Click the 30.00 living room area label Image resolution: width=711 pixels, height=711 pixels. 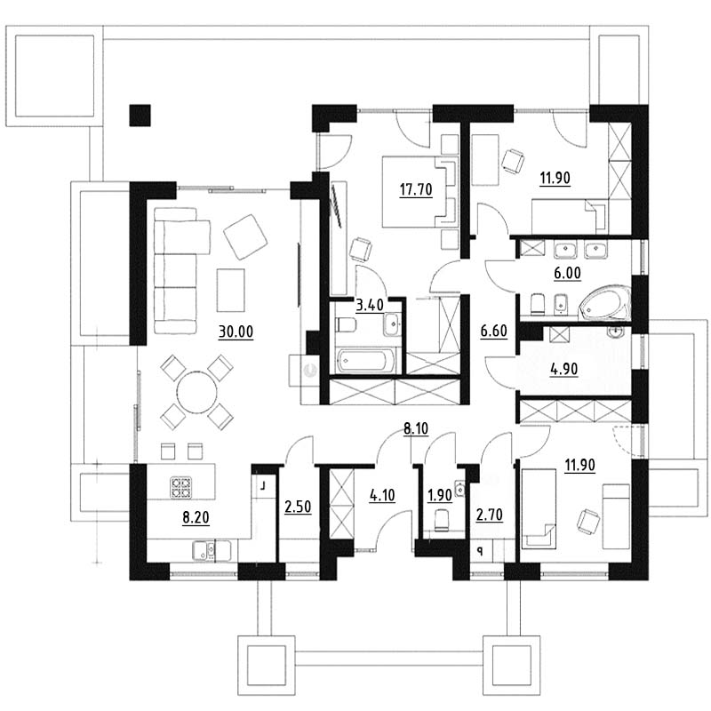[x=236, y=332]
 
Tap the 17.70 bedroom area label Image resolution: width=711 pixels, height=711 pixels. [x=416, y=189]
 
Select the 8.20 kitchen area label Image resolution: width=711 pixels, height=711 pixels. [x=196, y=517]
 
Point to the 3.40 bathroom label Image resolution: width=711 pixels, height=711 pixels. [x=370, y=305]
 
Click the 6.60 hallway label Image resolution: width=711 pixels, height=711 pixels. [x=494, y=331]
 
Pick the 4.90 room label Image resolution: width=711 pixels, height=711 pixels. [x=564, y=369]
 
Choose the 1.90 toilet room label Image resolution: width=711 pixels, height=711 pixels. [x=440, y=495]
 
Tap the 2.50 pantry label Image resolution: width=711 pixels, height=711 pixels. [x=298, y=507]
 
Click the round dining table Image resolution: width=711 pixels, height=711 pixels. [x=196, y=392]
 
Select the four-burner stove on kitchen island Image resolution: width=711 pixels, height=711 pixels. [x=181, y=487]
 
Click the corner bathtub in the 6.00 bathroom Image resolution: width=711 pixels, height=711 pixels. [x=605, y=303]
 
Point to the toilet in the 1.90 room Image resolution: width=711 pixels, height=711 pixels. [x=441, y=520]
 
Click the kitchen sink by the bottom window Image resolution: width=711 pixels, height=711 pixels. [x=205, y=550]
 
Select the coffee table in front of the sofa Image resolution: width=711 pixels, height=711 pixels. [x=231, y=291]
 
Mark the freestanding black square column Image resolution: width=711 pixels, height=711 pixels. [x=140, y=116]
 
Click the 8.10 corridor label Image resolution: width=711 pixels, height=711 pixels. [x=416, y=428]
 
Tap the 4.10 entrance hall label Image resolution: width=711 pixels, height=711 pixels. [x=382, y=495]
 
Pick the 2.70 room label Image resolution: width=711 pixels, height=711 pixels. [x=490, y=515]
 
